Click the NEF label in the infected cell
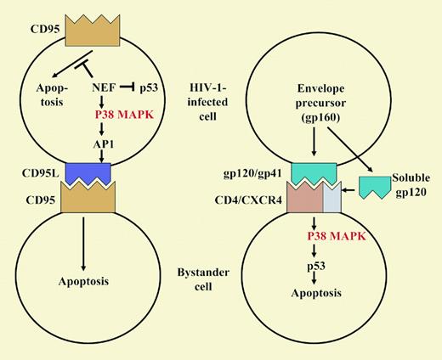(x=104, y=87)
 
